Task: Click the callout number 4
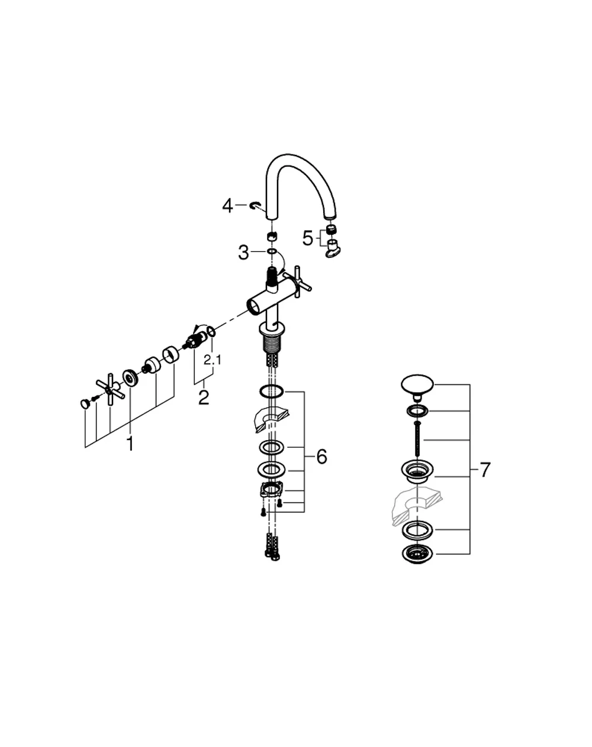[x=227, y=205]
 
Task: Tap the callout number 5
[x=307, y=238]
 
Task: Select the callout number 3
[x=243, y=253]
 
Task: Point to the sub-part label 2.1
[x=213, y=360]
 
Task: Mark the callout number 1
[x=130, y=444]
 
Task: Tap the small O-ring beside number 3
[x=272, y=251]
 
